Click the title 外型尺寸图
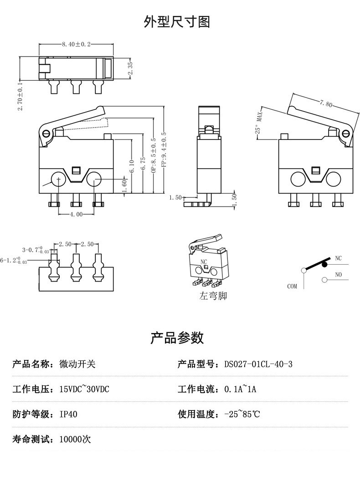click(x=177, y=21)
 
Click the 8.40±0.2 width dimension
click(x=76, y=44)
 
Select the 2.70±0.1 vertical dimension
click(x=20, y=96)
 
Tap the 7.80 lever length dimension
click(x=326, y=103)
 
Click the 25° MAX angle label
click(x=259, y=123)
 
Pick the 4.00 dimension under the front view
click(x=76, y=215)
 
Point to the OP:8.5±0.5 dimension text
click(x=153, y=156)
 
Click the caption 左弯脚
click(x=213, y=296)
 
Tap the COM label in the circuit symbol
click(x=292, y=287)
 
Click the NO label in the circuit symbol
click(x=338, y=275)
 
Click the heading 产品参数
click(x=177, y=338)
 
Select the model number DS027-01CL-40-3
click(x=258, y=364)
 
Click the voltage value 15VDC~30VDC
click(x=84, y=390)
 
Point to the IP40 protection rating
click(x=68, y=415)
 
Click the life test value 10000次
click(x=75, y=440)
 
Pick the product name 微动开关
click(x=77, y=364)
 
